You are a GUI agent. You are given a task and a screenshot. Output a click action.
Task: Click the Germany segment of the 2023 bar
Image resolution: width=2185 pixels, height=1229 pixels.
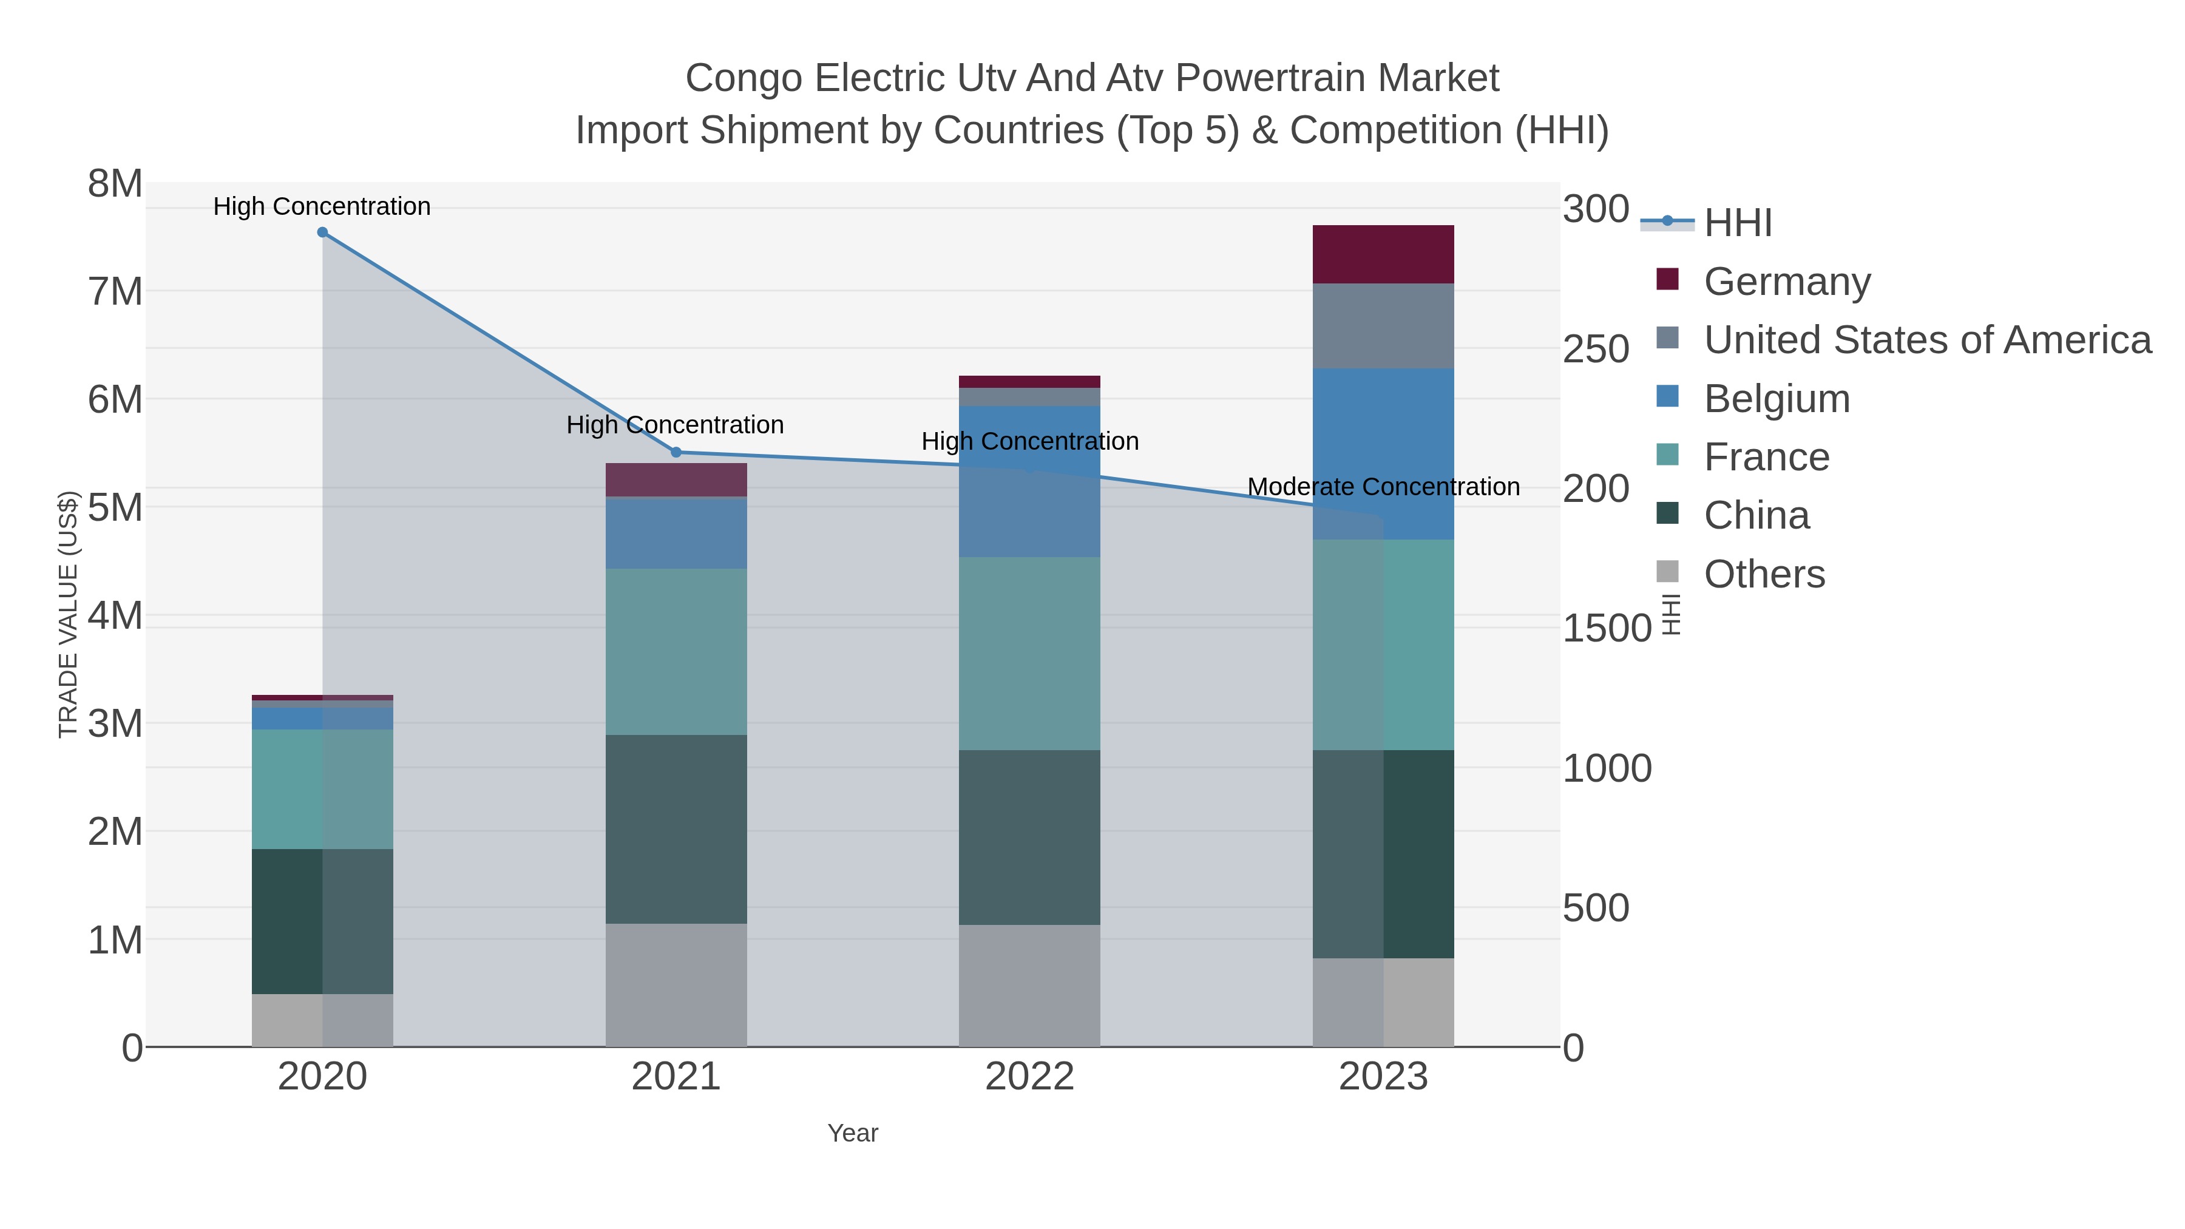click(1383, 254)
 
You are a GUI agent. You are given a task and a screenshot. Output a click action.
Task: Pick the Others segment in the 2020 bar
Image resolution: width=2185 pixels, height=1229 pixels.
click(322, 1020)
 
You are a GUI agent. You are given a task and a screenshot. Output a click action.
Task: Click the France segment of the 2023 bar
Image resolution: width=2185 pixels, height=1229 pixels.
click(1383, 644)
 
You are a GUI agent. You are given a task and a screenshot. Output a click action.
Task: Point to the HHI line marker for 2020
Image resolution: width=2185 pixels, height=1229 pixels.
click(322, 232)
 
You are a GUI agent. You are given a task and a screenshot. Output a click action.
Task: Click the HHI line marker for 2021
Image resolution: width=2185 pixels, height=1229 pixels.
click(676, 452)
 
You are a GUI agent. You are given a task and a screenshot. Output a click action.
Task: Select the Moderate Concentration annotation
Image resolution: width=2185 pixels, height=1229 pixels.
click(1383, 487)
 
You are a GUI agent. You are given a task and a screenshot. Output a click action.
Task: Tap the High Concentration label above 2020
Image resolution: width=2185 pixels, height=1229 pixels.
click(322, 206)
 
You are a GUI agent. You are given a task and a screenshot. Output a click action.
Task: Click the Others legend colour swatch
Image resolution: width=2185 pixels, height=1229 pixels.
click(1667, 572)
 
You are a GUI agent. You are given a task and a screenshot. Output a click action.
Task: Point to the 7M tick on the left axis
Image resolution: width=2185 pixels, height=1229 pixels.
click(115, 292)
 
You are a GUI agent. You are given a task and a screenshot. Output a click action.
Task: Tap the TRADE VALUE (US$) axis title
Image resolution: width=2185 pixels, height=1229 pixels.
click(68, 614)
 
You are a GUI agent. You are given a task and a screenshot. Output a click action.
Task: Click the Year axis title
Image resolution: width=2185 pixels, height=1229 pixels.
click(853, 1133)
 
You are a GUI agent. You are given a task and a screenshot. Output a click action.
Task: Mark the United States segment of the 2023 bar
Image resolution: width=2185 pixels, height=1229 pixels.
click(1383, 326)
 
